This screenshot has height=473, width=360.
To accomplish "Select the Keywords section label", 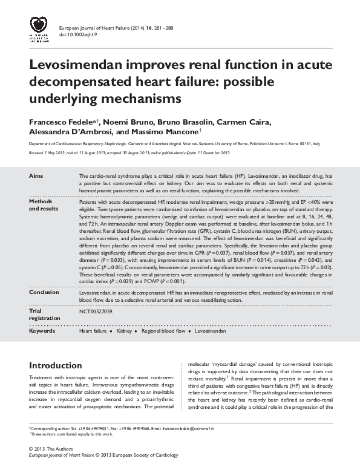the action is pyautogui.click(x=44, y=331).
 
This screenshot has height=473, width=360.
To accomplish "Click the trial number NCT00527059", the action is pyautogui.click(x=96, y=312).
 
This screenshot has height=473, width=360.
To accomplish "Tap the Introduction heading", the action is pyautogui.click(x=55, y=366).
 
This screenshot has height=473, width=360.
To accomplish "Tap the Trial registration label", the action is pyautogui.click(x=44, y=315).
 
